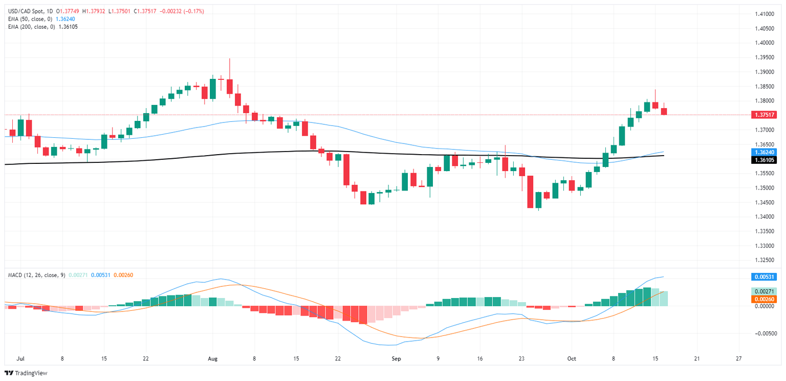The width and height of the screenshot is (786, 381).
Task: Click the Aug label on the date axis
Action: [212, 359]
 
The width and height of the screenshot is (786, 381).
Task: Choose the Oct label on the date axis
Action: [571, 359]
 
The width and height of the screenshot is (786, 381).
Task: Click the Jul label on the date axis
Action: [20, 359]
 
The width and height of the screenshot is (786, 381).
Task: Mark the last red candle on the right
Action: [664, 111]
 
